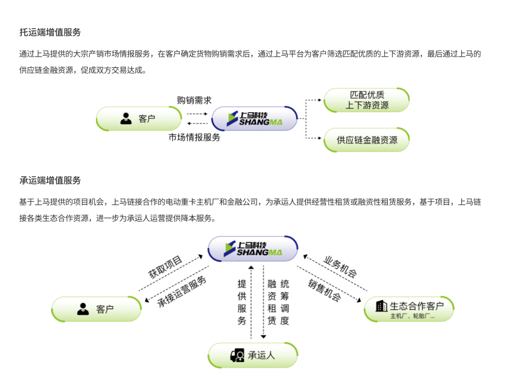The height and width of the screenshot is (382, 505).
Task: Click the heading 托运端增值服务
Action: tap(50, 33)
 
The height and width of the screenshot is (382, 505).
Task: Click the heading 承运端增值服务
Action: tap(50, 181)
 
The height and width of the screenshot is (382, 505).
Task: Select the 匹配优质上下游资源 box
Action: tap(366, 100)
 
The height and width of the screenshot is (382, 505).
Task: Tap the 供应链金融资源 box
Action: tap(366, 140)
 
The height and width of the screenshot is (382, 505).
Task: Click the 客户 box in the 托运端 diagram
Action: tap(139, 119)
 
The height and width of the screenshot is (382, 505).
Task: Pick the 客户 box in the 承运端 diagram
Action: tap(97, 309)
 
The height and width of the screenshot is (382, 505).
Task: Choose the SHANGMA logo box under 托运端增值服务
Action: tap(254, 119)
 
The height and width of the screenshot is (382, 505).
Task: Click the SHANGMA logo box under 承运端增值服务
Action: tap(253, 249)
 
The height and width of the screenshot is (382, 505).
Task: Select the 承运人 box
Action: tap(253, 356)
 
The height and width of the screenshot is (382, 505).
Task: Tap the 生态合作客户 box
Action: tap(408, 309)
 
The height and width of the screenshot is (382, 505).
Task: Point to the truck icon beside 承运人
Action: tap(237, 356)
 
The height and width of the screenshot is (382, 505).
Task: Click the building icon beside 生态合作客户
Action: tap(382, 306)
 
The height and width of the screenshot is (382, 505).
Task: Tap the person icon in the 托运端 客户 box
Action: tap(126, 119)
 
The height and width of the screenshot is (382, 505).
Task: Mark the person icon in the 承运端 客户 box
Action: tap(83, 309)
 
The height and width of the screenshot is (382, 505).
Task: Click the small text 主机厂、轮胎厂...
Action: tap(412, 316)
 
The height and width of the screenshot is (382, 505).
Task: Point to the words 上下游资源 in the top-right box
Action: tap(367, 105)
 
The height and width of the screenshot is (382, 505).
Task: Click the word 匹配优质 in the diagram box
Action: tap(367, 95)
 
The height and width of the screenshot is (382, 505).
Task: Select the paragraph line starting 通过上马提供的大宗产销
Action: tap(250, 54)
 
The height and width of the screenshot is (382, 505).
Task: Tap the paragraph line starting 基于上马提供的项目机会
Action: tap(250, 202)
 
